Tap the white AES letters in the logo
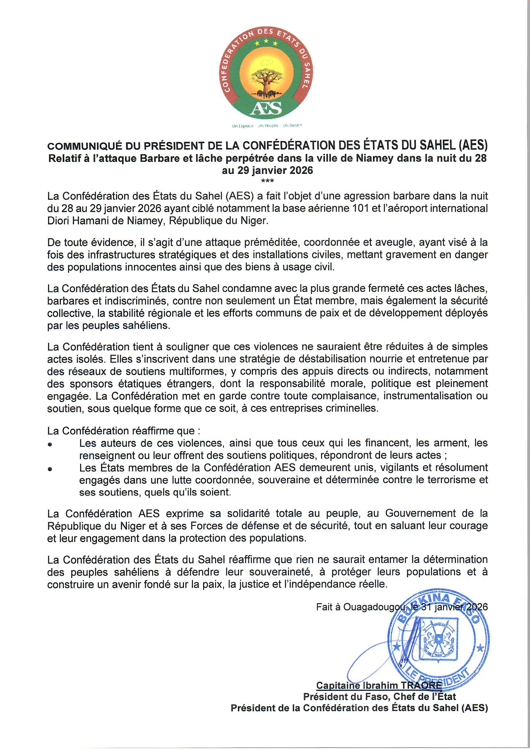pyautogui.click(x=266, y=108)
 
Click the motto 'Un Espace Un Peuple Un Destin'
pyautogui.click(x=267, y=126)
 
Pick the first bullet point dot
pyautogui.click(x=50, y=445)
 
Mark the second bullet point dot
pyautogui.click(x=50, y=469)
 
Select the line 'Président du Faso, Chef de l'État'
pyautogui.click(x=379, y=697)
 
